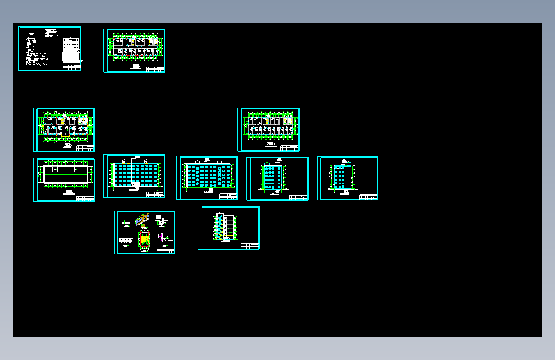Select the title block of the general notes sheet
71,67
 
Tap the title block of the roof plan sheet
85,198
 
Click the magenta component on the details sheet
163,238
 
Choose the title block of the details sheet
165,250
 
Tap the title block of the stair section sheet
250,245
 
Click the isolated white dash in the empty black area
218,67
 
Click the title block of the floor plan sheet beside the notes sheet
155,69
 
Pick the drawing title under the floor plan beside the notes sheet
136,65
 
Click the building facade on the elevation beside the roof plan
135,174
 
